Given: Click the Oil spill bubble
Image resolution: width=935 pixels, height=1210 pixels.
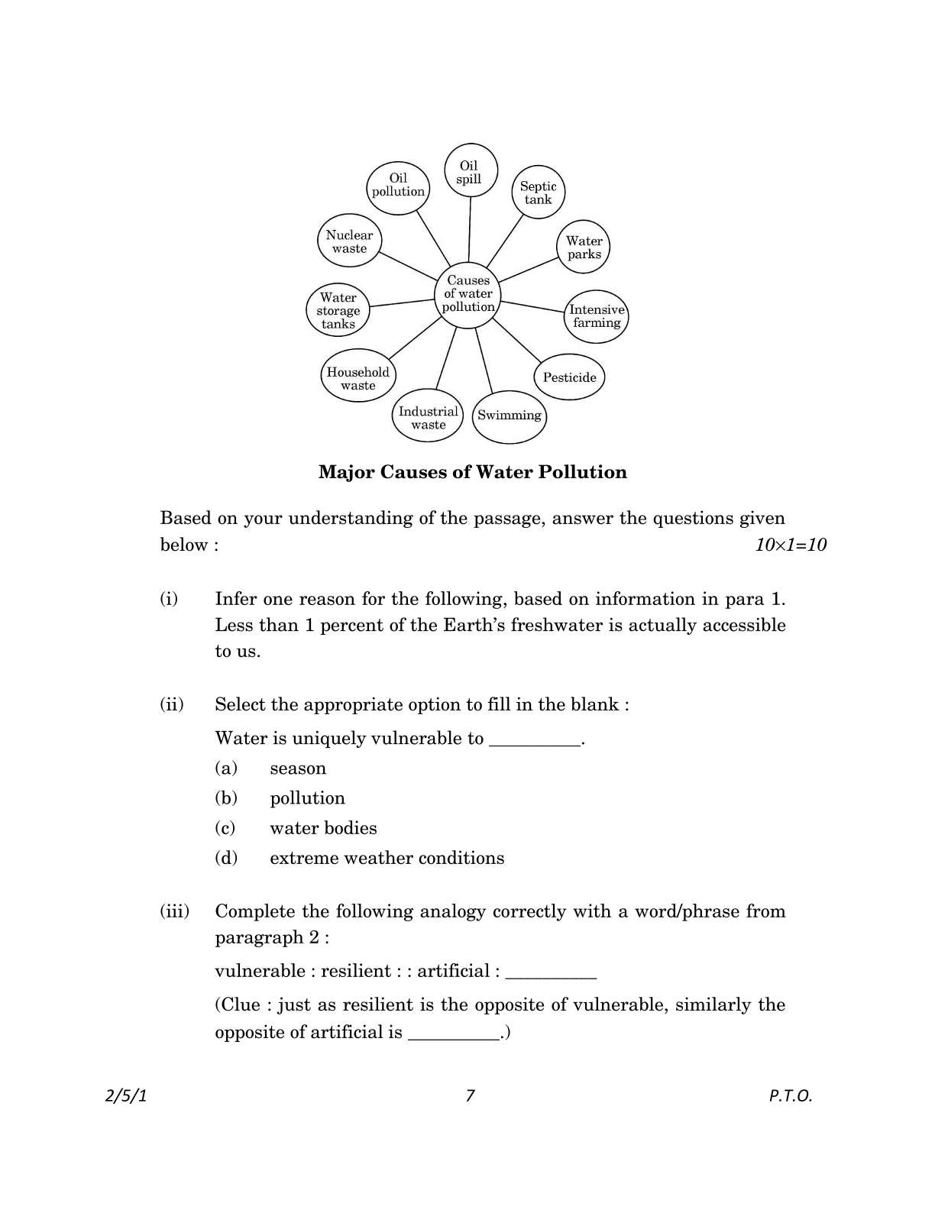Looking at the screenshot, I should [470, 171].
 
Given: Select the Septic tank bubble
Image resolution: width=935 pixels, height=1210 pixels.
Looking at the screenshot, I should [538, 192].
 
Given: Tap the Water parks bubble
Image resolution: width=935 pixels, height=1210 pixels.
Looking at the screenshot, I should [584, 247].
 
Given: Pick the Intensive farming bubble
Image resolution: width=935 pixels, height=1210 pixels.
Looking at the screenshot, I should [597, 315].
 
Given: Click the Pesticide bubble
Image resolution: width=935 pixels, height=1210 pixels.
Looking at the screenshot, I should [569, 377].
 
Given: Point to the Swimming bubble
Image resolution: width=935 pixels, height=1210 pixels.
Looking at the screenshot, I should [510, 416].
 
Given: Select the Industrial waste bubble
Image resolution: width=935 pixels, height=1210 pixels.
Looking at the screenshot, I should [428, 417].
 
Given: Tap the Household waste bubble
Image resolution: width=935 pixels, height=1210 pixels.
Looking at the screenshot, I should [357, 377].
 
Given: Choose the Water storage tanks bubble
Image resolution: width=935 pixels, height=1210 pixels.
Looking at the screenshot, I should [338, 310].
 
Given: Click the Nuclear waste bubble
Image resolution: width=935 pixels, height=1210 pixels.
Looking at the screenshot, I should [350, 241].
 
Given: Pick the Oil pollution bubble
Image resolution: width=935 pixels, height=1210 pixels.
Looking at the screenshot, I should [398, 184].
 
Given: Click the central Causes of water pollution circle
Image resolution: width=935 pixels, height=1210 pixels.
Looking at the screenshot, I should [468, 293].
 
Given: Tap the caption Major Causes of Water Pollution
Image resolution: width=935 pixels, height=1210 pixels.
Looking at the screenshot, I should [472, 472].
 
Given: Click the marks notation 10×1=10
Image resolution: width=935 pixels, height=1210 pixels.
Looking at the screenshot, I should [790, 545].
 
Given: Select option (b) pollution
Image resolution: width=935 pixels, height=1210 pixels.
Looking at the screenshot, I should [307, 798].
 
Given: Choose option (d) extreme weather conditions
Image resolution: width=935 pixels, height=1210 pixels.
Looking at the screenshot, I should [387, 858].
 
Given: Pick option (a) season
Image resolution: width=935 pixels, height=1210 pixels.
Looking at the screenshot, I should [298, 768].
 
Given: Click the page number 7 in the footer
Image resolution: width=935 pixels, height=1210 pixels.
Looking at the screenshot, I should [470, 1095].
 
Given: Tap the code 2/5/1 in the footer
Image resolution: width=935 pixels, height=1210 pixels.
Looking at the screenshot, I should [125, 1095].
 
